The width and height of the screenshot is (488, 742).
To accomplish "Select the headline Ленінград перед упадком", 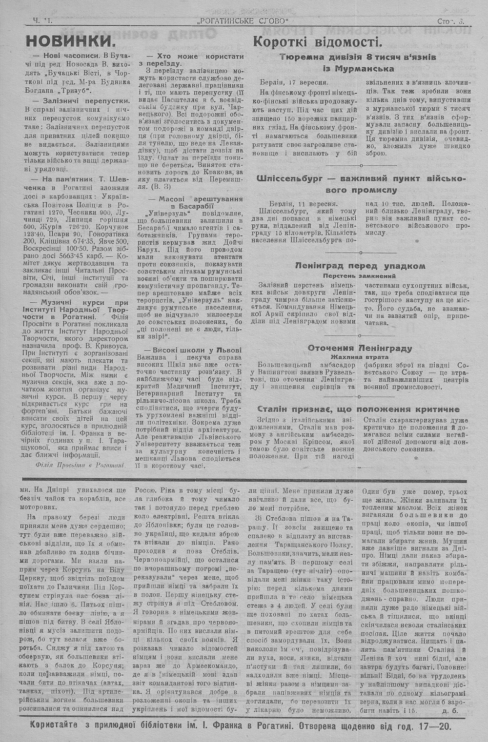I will [360, 266].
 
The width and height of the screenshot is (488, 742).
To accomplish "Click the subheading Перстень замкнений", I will [360, 275].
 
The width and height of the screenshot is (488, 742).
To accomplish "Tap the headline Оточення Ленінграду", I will [360, 348].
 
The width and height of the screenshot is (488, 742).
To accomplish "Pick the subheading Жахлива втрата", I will [360, 357].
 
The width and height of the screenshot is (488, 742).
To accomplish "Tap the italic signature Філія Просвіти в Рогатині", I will [80, 464].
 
